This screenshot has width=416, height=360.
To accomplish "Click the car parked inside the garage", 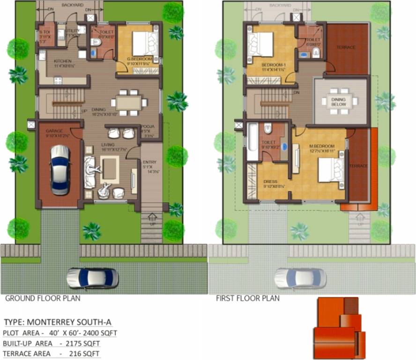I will point(60,170).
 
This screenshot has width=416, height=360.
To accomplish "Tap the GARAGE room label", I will point(54,131).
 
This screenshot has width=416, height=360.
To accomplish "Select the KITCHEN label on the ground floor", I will point(62,61).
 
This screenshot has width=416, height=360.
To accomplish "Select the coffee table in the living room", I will point(110,169).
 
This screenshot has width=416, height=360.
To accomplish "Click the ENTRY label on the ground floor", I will point(150,163).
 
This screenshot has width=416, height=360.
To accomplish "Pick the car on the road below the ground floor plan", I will point(92,278).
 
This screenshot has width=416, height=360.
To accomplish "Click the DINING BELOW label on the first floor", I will point(339,102).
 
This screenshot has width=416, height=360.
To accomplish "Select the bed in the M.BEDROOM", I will point(331,169).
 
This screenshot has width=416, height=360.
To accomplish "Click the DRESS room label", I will point(271,181).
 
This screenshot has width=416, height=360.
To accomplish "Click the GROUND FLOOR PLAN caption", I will point(43,298).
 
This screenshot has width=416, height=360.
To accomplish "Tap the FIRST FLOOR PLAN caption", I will point(247,298).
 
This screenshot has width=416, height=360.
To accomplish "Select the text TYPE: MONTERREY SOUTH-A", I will point(58,322).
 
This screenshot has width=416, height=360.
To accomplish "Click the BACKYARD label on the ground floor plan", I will point(72,5).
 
